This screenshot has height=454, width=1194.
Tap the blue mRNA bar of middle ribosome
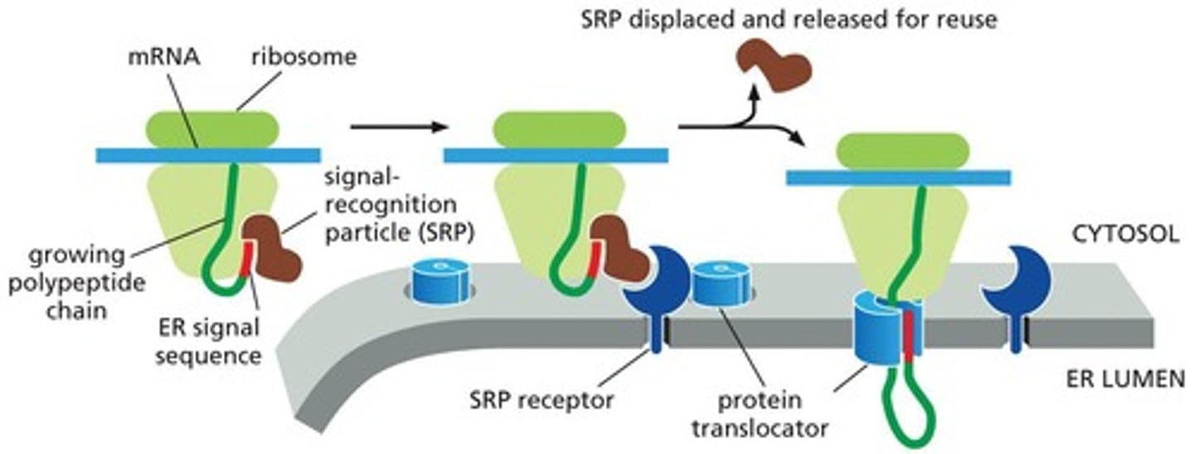(x=556, y=155)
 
